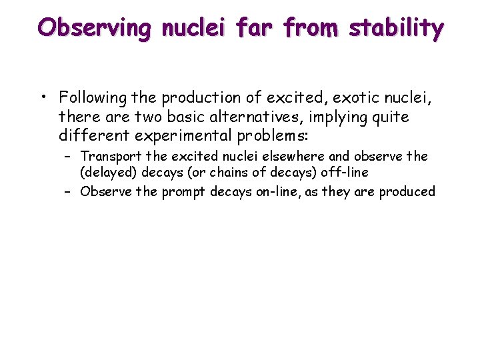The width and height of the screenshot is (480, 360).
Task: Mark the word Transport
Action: [x=110, y=156]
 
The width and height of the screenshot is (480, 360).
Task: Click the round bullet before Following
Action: [x=43, y=98]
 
